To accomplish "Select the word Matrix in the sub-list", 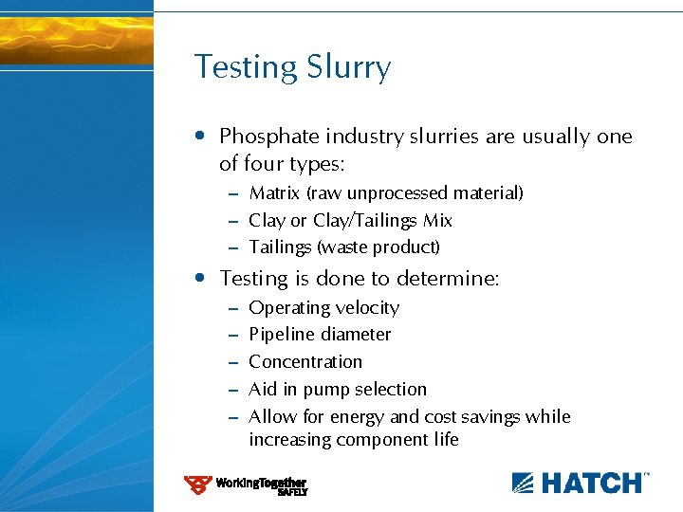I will point(274,193).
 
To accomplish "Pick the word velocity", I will point(368,308).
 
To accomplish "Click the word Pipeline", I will point(281,335).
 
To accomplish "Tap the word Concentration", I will point(305,362).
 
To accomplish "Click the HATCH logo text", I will point(591,483).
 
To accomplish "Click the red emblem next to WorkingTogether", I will point(197,485).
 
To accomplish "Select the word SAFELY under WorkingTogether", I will point(292,492).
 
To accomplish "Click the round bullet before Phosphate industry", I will point(199,137).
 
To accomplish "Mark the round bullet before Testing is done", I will point(199,279).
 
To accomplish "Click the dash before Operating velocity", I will point(232,309).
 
